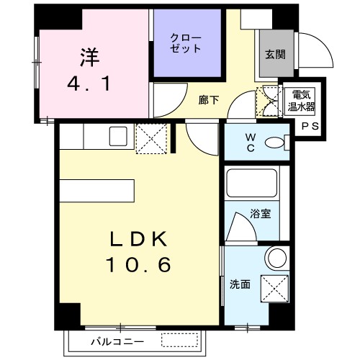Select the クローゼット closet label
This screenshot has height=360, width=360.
point(186,42)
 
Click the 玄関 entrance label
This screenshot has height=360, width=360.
point(275,53)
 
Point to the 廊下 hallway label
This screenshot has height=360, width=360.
point(208,101)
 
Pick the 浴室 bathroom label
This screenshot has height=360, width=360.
point(260,213)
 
